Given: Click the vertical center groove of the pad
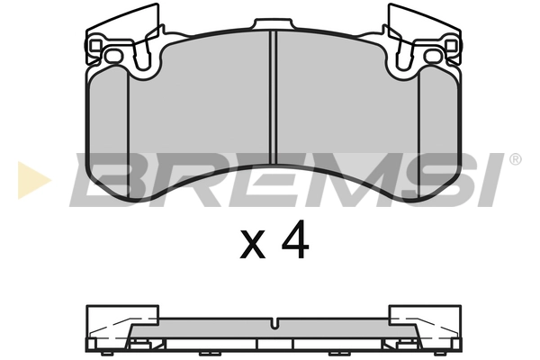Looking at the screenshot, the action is [x=274, y=97].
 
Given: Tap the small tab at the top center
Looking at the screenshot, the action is [x=274, y=24].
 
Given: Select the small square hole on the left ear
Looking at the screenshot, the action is [x=95, y=45].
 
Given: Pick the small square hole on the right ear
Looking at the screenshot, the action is [x=451, y=45].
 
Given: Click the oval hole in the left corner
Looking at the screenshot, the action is [x=113, y=56].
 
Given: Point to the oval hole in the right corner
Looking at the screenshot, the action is [x=433, y=56].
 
